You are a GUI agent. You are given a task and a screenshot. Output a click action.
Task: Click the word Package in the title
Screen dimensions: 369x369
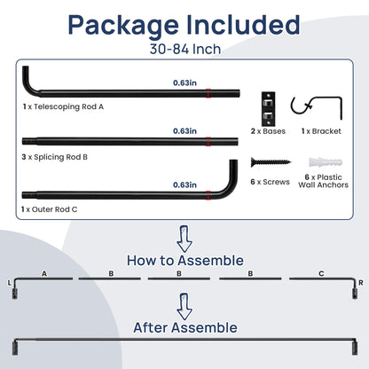click(x=123, y=26)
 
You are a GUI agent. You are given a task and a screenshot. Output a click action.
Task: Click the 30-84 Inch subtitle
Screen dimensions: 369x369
click(x=185, y=49)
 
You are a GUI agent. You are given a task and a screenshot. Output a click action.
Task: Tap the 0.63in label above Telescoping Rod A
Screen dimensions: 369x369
click(x=184, y=82)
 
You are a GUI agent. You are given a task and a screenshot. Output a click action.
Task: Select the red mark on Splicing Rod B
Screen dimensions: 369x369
click(x=208, y=142)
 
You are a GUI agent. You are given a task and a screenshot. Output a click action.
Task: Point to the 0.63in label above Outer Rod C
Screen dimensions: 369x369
click(x=184, y=184)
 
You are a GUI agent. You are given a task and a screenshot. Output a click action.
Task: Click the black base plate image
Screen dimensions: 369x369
click(x=268, y=109)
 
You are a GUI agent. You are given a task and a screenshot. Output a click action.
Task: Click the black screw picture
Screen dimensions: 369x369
click(x=271, y=162)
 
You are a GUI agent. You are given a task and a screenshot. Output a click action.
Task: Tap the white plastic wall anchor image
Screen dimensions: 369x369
click(x=326, y=162)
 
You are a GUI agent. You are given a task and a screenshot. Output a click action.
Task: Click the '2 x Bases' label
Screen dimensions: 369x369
click(x=268, y=131)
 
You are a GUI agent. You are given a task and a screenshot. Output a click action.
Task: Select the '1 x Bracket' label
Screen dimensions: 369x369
click(x=321, y=131)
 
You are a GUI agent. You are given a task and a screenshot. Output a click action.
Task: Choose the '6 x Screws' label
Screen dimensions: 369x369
click(x=270, y=182)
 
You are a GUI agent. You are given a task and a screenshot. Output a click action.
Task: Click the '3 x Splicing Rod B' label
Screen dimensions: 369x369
click(x=55, y=157)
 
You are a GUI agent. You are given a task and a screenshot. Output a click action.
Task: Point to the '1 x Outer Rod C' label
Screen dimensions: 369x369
click(x=50, y=209)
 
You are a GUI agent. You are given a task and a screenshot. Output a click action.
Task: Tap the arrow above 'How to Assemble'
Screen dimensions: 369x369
click(x=184, y=239)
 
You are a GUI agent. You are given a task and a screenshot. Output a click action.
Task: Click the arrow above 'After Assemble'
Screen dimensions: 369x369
click(x=184, y=306)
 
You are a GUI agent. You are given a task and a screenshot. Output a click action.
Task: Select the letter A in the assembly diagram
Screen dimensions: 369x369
click(x=44, y=274)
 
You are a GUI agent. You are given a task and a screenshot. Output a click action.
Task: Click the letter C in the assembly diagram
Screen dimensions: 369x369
click(x=321, y=273)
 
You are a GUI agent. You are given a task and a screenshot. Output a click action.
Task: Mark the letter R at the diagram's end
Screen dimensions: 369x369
click(x=361, y=283)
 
